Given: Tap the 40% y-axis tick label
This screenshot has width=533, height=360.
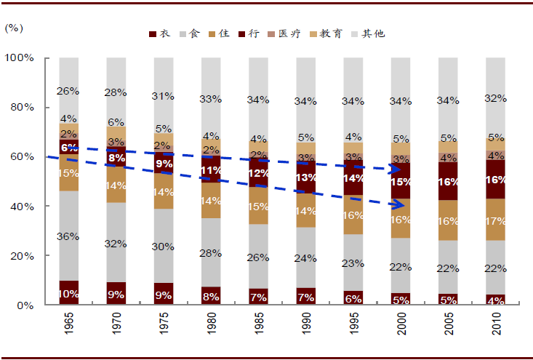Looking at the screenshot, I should click(23, 207).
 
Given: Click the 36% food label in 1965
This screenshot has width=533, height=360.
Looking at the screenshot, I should click(69, 236).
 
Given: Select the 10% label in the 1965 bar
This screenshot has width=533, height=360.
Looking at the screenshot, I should click(69, 294).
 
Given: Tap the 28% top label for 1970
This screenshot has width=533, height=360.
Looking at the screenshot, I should click(116, 92).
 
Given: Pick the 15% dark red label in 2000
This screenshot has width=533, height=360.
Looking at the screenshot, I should click(401, 182).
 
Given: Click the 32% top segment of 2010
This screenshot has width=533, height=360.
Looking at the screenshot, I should click(496, 97).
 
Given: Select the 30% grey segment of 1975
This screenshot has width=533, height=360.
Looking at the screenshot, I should click(164, 246).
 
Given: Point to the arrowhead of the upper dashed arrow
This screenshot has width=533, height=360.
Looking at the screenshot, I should click(399, 169).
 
